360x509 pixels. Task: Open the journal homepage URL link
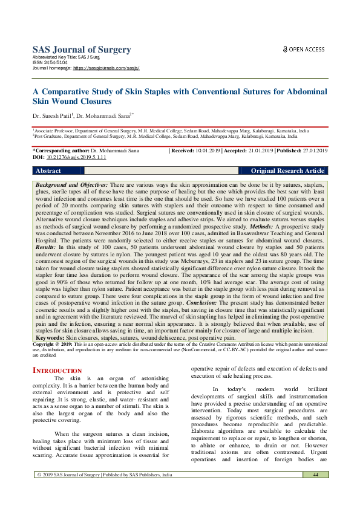click(x=106, y=68)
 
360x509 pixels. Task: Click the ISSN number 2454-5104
click(x=53, y=63)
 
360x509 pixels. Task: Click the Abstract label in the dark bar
click(x=49, y=171)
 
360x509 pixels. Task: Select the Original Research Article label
click(x=287, y=171)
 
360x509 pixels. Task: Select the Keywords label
click(x=51, y=337)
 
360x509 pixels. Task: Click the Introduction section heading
click(x=57, y=370)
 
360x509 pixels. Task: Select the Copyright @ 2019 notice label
click(x=56, y=343)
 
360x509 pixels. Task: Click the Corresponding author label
click(x=60, y=150)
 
